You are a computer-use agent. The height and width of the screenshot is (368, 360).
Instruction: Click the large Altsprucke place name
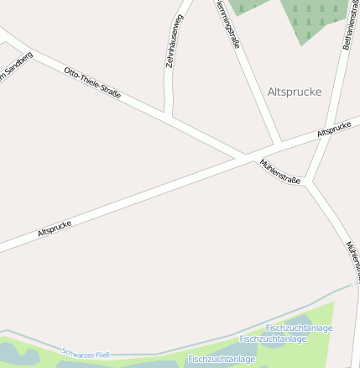coord(295,92)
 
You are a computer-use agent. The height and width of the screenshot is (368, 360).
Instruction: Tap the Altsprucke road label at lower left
coord(55,229)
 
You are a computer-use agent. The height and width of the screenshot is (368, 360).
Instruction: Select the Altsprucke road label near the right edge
coord(333,129)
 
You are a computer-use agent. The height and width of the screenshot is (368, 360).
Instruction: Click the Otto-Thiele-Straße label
coord(92,82)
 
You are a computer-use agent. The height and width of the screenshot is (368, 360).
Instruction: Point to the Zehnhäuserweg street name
coord(175,40)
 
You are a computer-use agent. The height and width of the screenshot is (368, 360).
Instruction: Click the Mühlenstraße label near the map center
coord(279,171)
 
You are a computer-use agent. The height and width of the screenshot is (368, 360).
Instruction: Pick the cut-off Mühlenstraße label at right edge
coord(353,257)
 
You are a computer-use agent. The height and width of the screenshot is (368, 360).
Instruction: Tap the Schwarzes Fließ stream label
coord(86,354)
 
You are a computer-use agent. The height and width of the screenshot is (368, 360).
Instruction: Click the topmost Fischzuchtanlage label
coord(299,328)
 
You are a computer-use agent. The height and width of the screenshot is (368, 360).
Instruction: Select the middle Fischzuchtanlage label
coord(274,339)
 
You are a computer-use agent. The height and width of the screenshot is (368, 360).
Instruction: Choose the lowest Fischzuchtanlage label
coord(222,359)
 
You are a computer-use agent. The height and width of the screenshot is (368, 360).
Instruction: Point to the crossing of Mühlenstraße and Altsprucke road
coord(243,155)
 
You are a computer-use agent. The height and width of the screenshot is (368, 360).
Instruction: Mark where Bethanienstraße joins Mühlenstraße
coord(308,181)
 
